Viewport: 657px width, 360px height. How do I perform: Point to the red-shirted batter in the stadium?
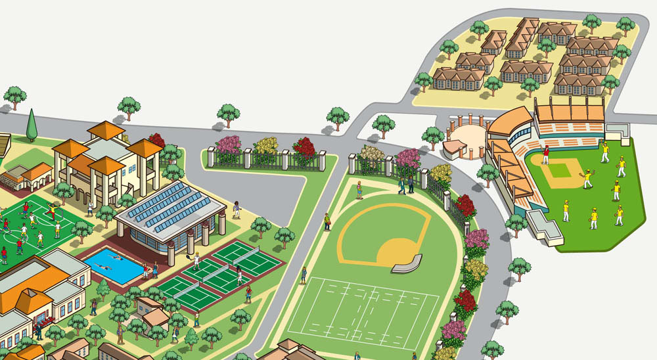coord(545,156)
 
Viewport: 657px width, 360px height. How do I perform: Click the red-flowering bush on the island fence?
coord(304,148)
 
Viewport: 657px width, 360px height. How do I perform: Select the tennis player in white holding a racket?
coord(196,259)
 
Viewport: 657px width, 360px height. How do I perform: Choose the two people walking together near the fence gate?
coord(405,186)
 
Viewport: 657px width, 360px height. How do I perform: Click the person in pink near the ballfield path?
coord(359,189)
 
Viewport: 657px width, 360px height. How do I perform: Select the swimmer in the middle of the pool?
coord(106,266)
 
